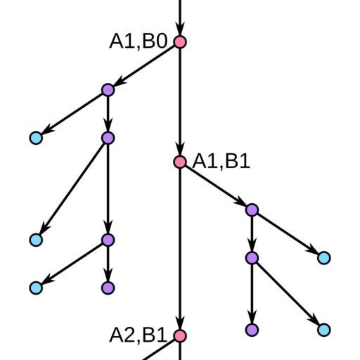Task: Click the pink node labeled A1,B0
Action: pyautogui.click(x=180, y=42)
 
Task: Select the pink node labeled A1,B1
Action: pyautogui.click(x=180, y=162)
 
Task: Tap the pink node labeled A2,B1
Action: pyautogui.click(x=180, y=335)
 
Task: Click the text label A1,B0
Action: pyautogui.click(x=139, y=41)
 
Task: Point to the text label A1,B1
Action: pyautogui.click(x=221, y=161)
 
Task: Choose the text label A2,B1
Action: pyautogui.click(x=139, y=335)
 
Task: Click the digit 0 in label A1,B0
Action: pyautogui.click(x=161, y=41)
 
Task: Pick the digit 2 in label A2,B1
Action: pyautogui.click(x=128, y=335)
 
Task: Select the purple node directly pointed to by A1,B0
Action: pyautogui.click(x=108, y=90)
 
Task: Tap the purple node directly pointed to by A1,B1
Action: pyautogui.click(x=252, y=210)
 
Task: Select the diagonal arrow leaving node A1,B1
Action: pyautogui.click(x=216, y=186)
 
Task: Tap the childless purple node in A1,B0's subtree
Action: pyautogui.click(x=108, y=288)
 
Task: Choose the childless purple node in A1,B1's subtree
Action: pyautogui.click(x=252, y=330)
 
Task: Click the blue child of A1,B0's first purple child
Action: pyautogui.click(x=36, y=138)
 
